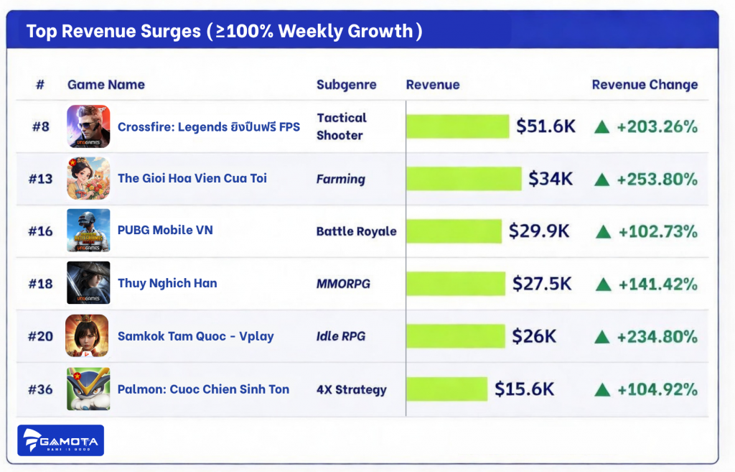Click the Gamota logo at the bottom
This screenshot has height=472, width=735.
61,440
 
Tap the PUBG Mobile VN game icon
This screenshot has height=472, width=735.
88,231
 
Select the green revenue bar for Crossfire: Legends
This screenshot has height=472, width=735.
457,126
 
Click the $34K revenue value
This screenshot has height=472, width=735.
551,178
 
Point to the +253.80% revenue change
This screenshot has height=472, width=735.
657,179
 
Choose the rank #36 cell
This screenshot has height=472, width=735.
40,389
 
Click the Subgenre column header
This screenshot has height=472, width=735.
346,85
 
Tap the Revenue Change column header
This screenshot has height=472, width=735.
645,85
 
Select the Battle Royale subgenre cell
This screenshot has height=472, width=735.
356,231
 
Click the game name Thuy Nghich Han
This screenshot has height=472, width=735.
167,283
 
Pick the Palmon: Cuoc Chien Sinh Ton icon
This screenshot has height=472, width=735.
88,389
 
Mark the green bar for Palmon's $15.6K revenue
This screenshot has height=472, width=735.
446,389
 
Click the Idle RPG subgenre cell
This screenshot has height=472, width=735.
341,336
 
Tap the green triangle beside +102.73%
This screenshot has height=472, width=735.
603,232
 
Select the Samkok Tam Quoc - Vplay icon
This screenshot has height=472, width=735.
88,336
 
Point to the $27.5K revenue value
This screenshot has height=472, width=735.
542,284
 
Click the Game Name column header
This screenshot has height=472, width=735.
106,85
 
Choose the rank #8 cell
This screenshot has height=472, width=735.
40,126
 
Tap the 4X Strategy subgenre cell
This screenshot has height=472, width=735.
351,390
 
